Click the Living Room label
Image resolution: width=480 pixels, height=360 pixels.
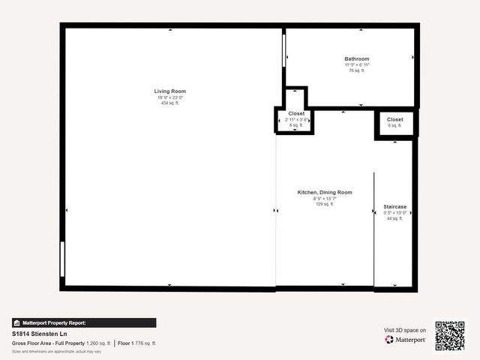[171, 91]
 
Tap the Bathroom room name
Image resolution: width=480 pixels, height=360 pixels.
[357, 59]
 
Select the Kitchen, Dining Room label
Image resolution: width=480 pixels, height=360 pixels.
[325, 193]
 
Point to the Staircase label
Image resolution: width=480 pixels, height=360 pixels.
[395, 206]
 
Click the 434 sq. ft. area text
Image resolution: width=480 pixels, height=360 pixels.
[171, 103]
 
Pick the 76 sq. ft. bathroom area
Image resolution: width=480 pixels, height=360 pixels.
[357, 71]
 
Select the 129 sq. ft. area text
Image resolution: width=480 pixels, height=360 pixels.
[325, 204]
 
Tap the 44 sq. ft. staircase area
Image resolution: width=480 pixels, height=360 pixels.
[395, 218]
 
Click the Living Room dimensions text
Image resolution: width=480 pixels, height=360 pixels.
[171, 97]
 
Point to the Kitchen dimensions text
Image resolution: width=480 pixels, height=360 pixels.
[325, 199]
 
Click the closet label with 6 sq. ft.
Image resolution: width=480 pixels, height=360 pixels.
[395, 119]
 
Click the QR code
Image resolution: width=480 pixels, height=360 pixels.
[450, 335]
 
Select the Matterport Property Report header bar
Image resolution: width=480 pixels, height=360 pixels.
[84, 322]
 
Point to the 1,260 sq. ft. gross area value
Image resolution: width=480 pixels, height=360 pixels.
[98, 343]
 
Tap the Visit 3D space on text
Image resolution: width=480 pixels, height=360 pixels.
[405, 330]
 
